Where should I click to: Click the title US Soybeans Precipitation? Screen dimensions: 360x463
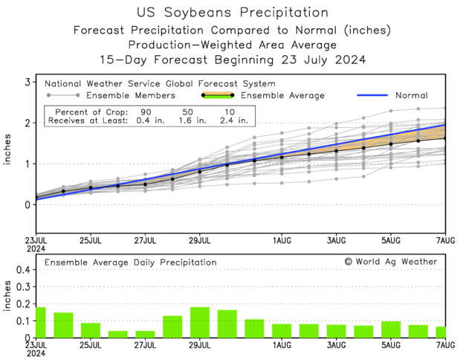click(x=233, y=13)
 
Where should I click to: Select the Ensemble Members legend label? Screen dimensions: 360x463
click(x=131, y=95)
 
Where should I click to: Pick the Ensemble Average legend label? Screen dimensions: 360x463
click(x=282, y=95)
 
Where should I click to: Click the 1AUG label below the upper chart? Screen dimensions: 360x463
click(x=281, y=241)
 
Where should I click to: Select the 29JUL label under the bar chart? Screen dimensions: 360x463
click(x=199, y=346)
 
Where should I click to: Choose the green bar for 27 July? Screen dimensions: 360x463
click(x=145, y=335)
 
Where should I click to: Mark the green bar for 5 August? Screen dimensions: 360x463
click(x=390, y=330)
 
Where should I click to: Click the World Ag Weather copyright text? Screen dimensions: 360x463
click(x=391, y=262)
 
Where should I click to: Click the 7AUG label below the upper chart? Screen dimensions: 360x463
click(x=444, y=241)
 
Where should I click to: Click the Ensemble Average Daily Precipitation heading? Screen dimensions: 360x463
click(x=130, y=263)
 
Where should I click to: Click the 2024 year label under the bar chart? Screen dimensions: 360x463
click(x=36, y=355)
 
